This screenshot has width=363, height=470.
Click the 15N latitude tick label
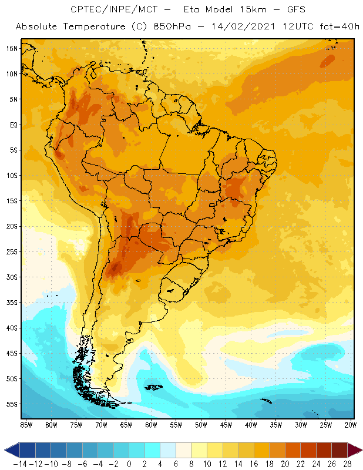coord(11,48)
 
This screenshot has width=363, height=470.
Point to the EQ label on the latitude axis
coord(12,125)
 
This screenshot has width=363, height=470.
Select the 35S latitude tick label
coord(11,303)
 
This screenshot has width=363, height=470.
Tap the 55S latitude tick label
coord(11,404)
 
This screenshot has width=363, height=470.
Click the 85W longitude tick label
coord(26,425)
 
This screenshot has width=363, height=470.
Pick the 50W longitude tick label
coord(201,425)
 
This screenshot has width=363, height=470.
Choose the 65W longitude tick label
coord(126,425)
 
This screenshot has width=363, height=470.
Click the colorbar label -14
coord(21,464)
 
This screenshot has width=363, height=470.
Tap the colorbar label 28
coord(347,464)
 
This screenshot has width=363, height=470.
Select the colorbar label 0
coord(129,464)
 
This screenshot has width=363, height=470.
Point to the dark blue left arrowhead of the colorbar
coord(11,450)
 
